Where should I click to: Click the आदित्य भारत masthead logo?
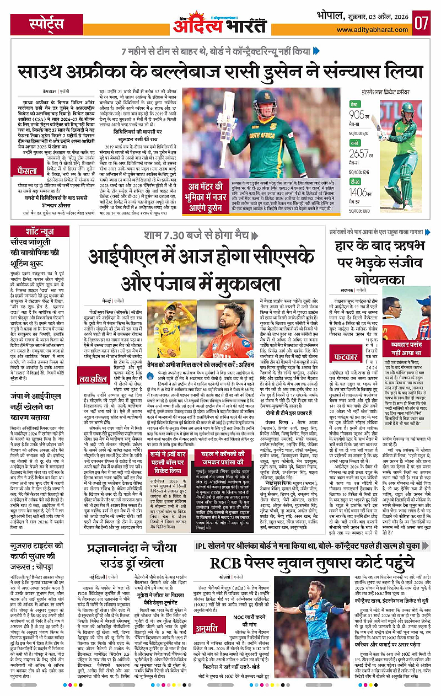coord(220,23)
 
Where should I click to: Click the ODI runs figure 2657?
coord(374,153)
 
